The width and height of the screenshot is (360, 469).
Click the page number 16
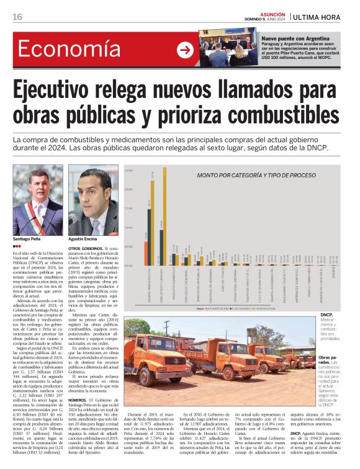point(17,17)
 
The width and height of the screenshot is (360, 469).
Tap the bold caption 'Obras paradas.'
point(327,361)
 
